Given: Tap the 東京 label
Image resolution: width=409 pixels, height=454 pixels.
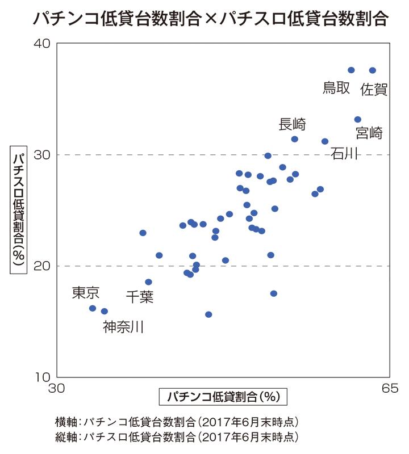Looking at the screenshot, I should click(x=86, y=293).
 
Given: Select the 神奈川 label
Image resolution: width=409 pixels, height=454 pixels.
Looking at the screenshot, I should click(x=123, y=327).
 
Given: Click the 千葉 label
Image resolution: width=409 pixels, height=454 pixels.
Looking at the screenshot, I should click(x=139, y=296).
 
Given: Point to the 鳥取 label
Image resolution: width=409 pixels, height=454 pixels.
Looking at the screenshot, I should click(x=336, y=88).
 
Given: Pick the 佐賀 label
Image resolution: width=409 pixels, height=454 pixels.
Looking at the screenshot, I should click(x=374, y=89).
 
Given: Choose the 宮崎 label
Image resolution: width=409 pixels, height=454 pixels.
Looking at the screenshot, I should click(x=369, y=133).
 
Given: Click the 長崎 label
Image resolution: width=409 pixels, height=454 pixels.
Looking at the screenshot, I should click(x=293, y=124).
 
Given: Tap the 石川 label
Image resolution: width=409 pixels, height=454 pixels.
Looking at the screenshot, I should click(x=344, y=153).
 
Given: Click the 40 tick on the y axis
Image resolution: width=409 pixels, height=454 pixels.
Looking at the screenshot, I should click(x=45, y=44).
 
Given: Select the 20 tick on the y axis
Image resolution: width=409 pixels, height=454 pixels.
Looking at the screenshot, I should click(x=45, y=266).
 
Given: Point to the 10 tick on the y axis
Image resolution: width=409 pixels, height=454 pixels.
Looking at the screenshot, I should click(x=45, y=377).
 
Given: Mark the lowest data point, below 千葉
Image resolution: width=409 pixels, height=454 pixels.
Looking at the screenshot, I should click(x=208, y=314).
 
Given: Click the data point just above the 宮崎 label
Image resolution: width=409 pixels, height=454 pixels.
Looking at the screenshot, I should click(x=358, y=120).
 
